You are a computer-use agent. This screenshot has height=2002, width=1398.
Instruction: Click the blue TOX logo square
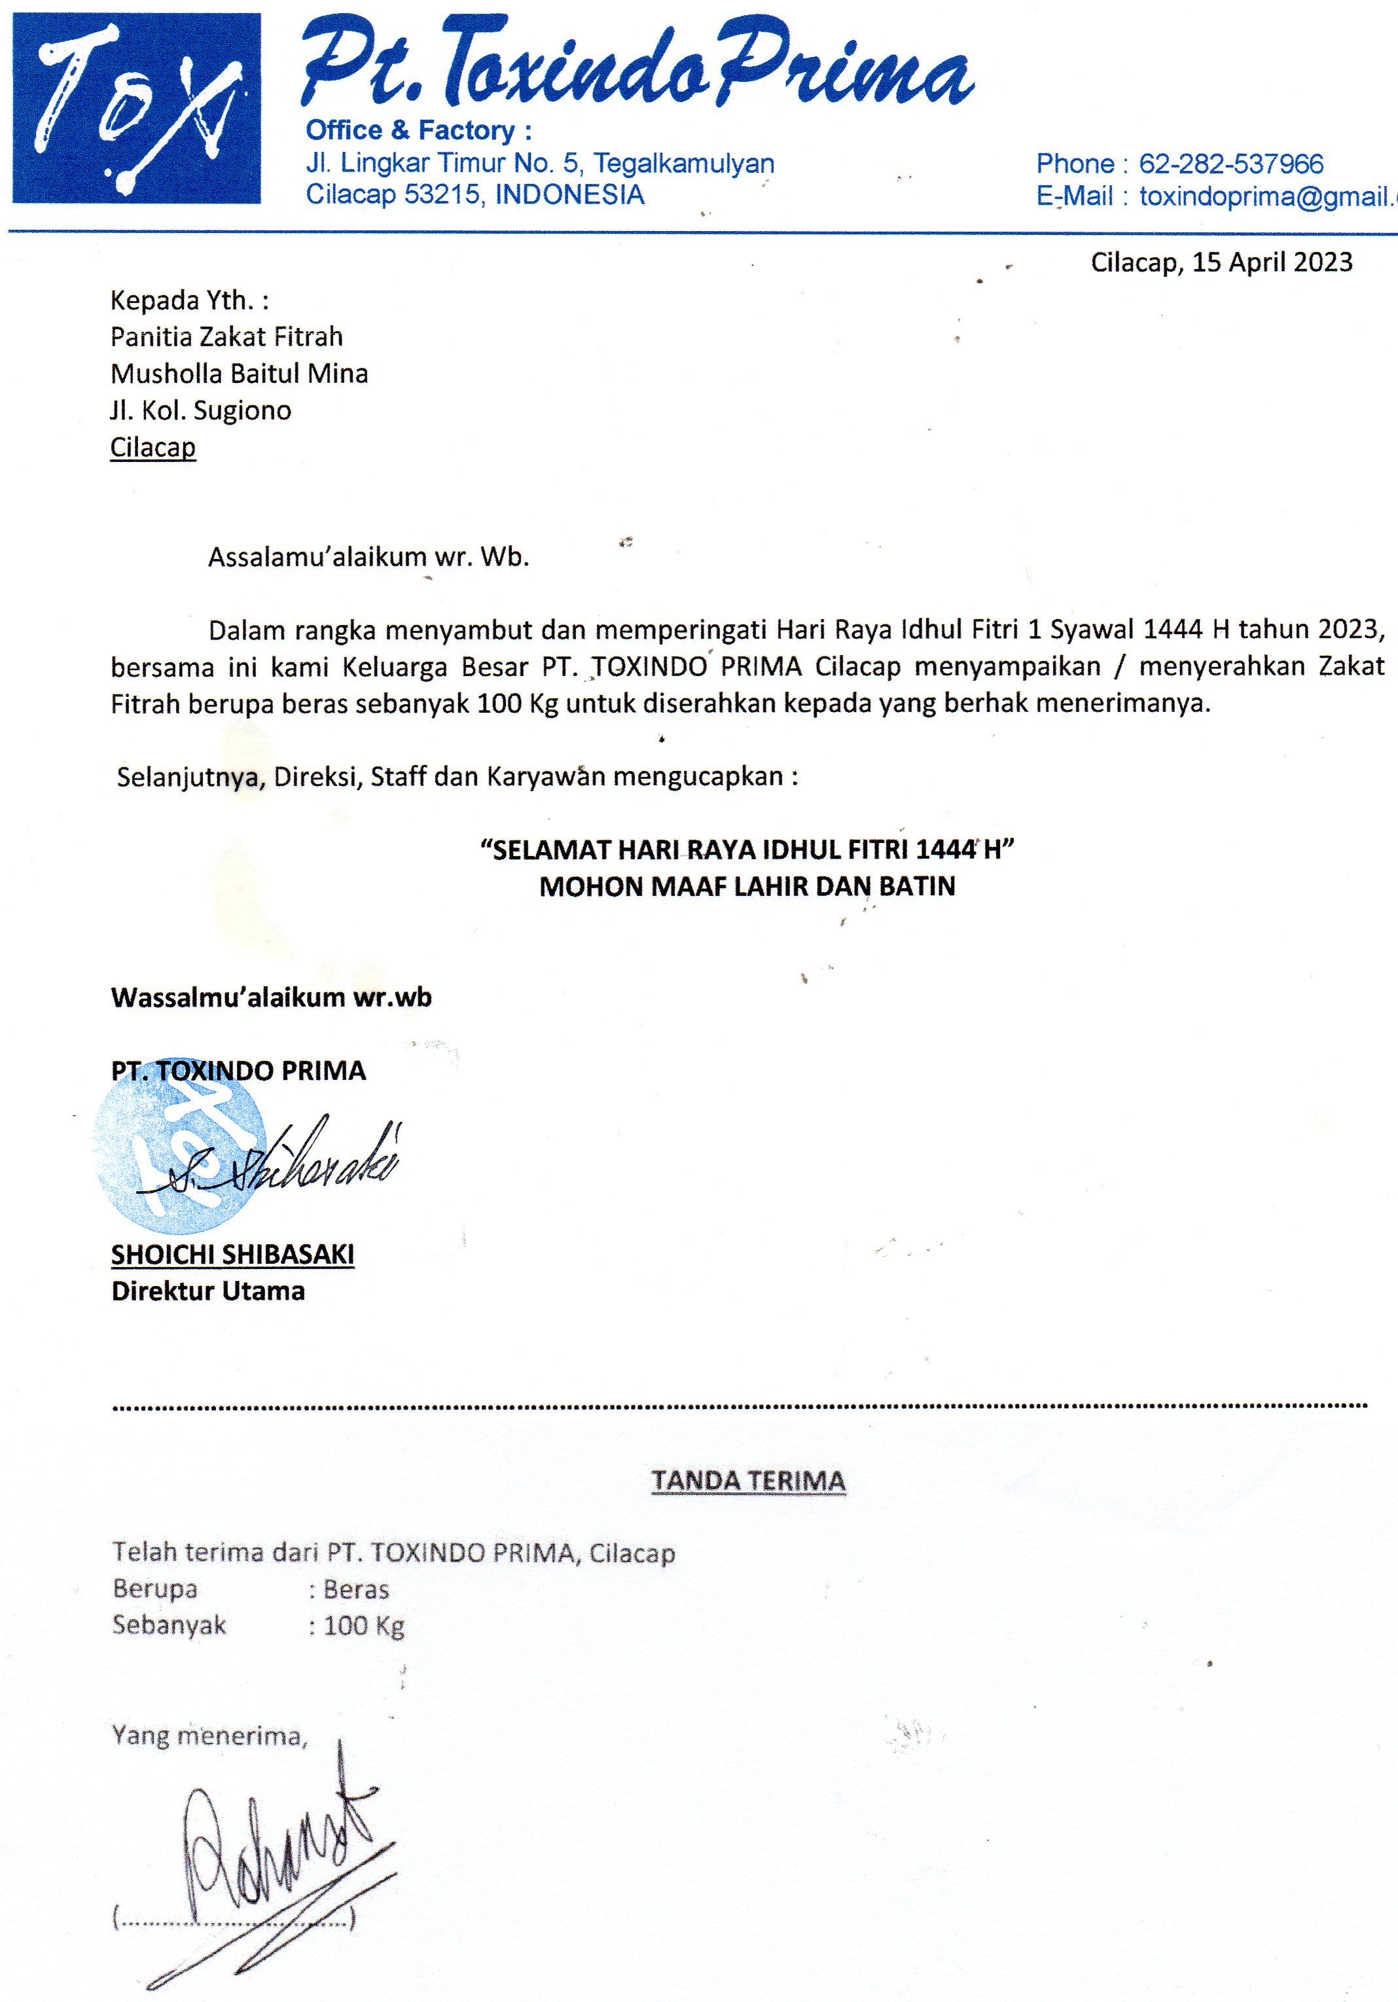click(x=136, y=108)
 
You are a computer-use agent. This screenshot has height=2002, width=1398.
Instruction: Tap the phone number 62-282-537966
click(x=1230, y=164)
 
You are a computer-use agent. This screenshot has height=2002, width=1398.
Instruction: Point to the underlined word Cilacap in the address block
click(x=152, y=447)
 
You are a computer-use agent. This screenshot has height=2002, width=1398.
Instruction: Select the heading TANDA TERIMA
click(x=748, y=1482)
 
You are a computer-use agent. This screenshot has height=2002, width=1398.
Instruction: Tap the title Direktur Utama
click(x=207, y=1291)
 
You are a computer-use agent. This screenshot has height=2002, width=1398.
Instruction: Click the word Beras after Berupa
click(x=356, y=1590)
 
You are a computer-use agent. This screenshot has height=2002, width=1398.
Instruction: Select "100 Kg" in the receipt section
click(x=364, y=1626)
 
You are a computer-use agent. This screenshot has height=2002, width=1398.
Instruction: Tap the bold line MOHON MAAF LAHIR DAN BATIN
click(x=747, y=887)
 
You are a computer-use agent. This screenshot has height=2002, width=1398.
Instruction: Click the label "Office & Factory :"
click(x=419, y=131)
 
